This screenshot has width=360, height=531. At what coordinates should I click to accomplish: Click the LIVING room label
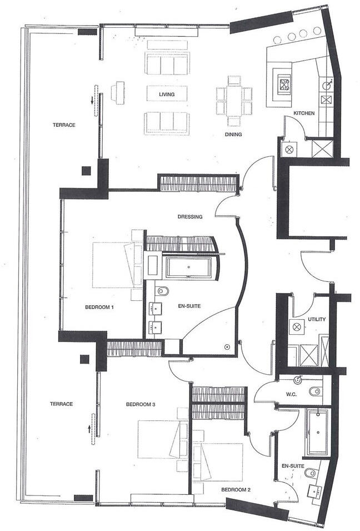click(167, 95)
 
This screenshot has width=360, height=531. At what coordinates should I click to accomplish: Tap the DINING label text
click(233, 134)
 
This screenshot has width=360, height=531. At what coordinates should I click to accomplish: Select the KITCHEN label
click(304, 113)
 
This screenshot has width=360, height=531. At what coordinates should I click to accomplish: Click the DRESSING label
click(189, 217)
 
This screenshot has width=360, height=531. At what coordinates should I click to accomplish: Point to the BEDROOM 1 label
click(99, 307)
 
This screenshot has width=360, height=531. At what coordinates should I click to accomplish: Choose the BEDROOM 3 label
click(140, 404)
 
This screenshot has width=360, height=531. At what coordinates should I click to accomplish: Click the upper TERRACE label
click(64, 125)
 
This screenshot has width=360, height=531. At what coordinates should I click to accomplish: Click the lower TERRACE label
click(61, 404)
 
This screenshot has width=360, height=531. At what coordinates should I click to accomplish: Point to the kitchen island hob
click(285, 85)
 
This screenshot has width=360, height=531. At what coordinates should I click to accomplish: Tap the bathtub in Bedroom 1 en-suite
click(188, 267)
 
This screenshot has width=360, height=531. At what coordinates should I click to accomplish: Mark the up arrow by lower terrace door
click(88, 428)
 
